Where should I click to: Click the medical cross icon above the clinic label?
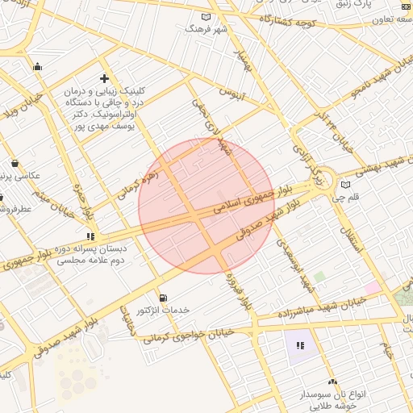point(104,78)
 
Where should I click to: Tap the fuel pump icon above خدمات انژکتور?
point(164,298)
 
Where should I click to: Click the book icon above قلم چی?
point(346,185)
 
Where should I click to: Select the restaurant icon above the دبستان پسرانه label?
point(90,237)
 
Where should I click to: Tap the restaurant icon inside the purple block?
point(300,345)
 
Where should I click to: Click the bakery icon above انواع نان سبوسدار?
point(332,382)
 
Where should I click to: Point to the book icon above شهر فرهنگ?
point(206,17)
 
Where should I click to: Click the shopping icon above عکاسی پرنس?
point(15,163)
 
